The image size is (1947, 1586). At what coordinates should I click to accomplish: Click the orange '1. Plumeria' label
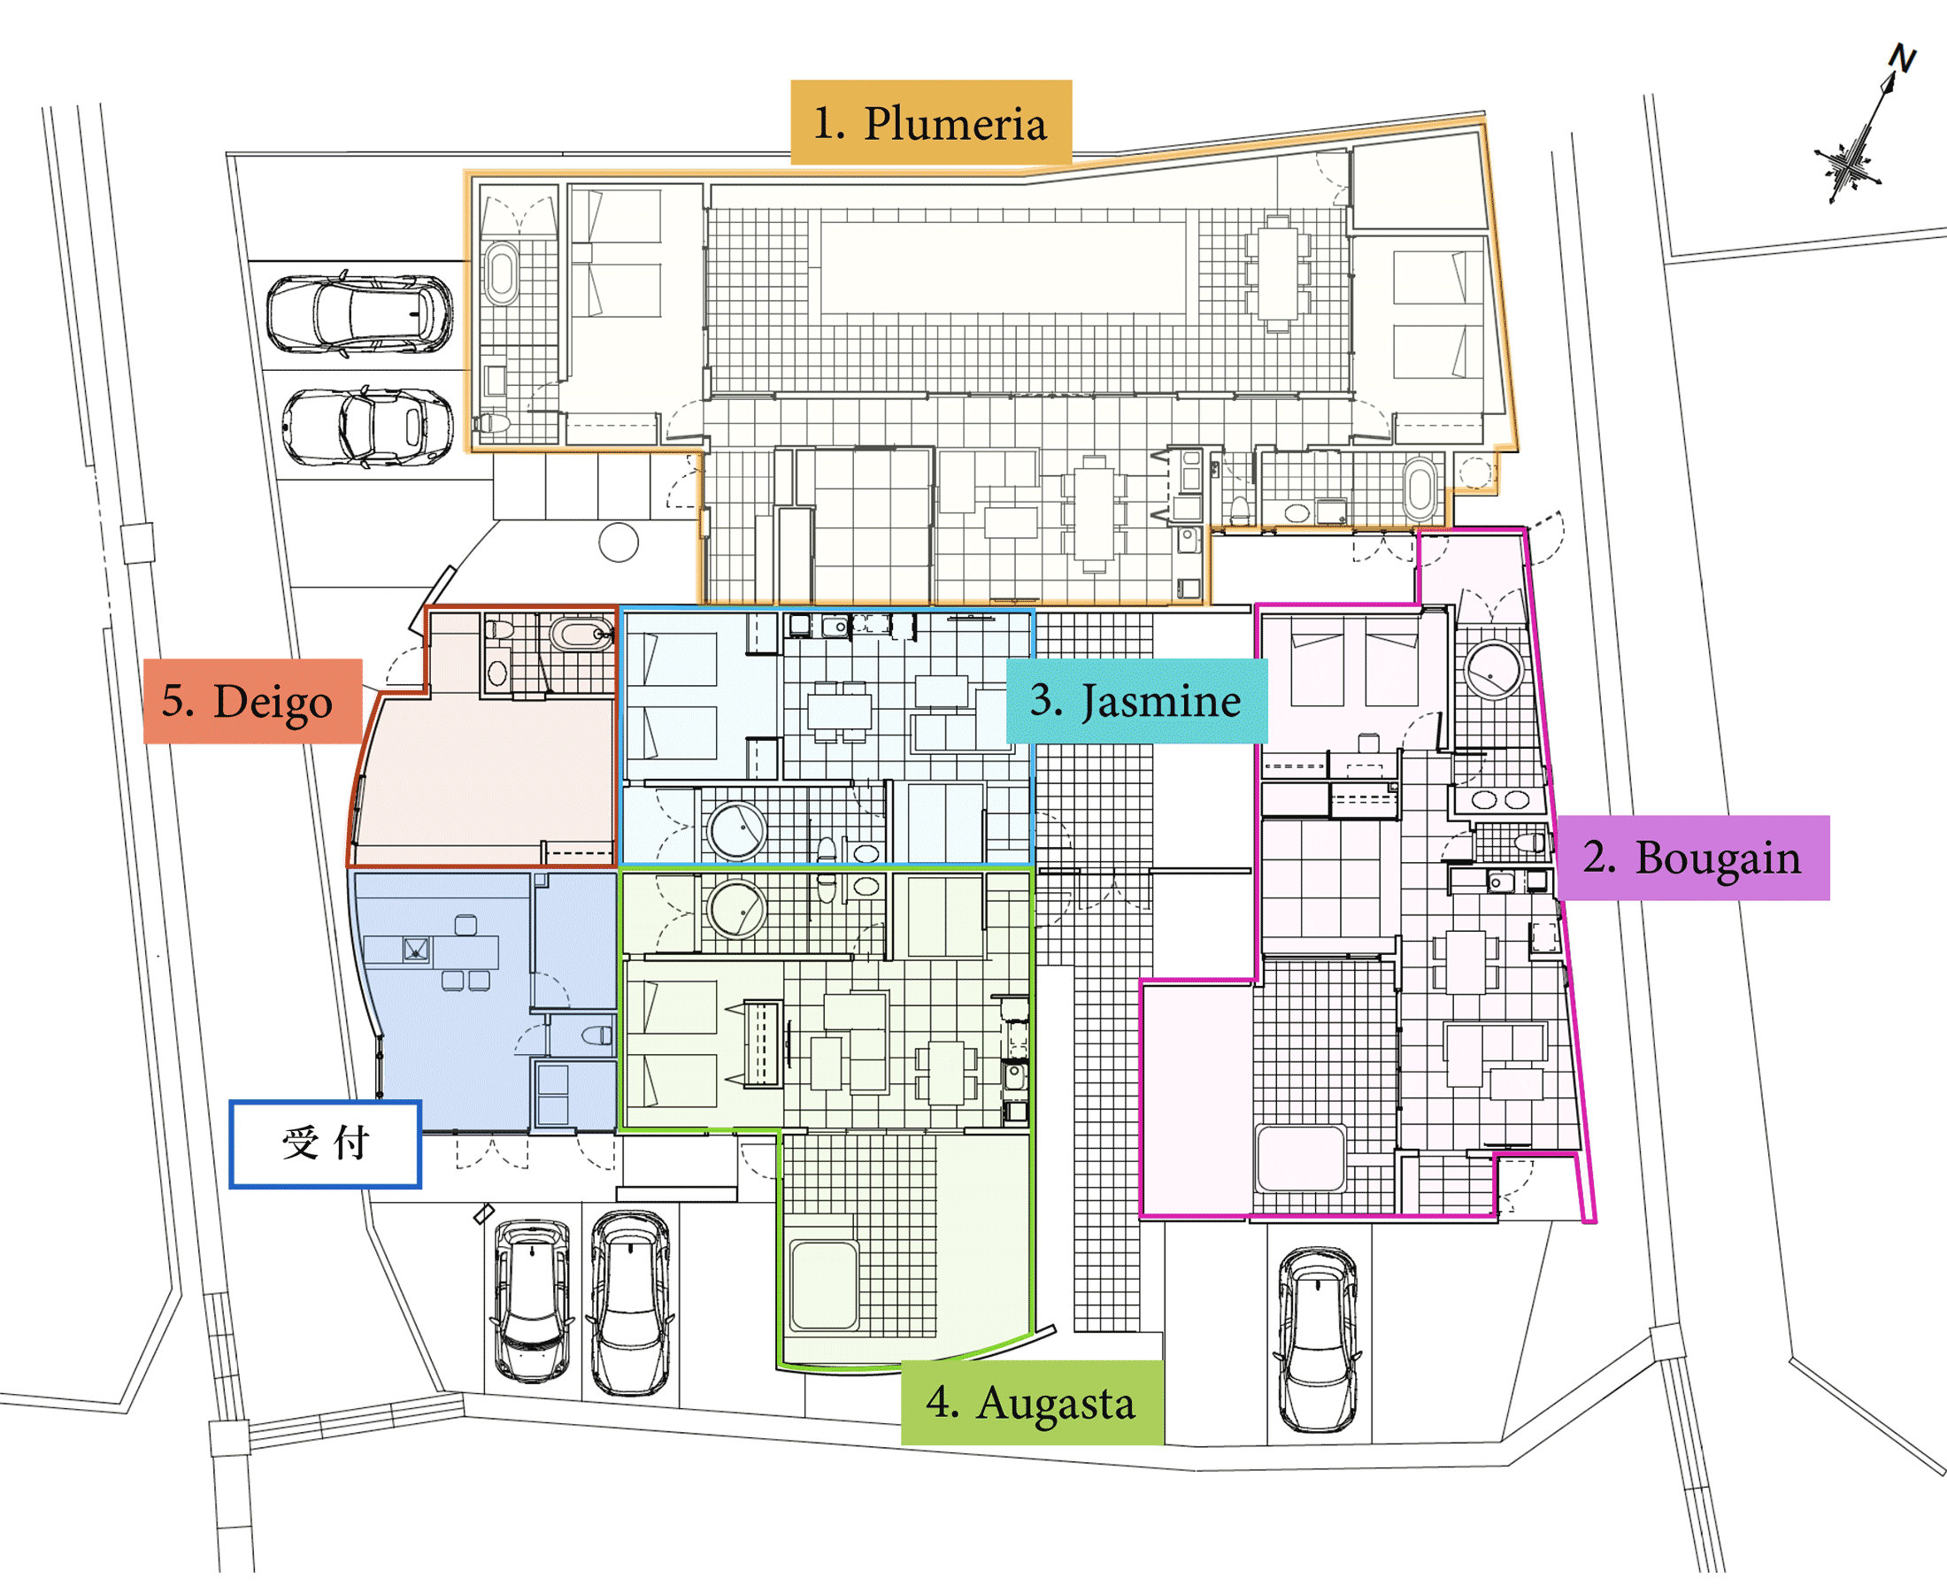click(x=930, y=122)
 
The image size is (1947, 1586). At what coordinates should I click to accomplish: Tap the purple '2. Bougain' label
click(x=1693, y=857)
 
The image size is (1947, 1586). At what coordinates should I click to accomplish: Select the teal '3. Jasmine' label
click(x=1136, y=701)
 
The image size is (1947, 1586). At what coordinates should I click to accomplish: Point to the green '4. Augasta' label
click(x=1032, y=1403)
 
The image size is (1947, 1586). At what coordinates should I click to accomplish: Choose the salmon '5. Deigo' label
click(x=253, y=701)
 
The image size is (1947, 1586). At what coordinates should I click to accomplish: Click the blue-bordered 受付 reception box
click(x=326, y=1143)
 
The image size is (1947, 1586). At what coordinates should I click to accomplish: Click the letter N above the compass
click(x=1902, y=58)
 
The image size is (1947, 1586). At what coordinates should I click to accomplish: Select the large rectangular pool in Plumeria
click(x=1004, y=267)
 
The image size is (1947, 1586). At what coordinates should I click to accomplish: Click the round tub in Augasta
click(x=736, y=910)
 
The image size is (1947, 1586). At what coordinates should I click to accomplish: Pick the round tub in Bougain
click(x=1494, y=670)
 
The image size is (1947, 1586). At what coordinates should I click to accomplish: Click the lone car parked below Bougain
click(x=1318, y=1339)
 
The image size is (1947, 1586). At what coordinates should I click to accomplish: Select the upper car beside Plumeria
click(x=360, y=313)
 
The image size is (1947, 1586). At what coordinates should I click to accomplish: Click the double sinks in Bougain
click(x=1500, y=800)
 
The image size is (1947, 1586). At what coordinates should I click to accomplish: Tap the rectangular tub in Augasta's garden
click(x=824, y=1284)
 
